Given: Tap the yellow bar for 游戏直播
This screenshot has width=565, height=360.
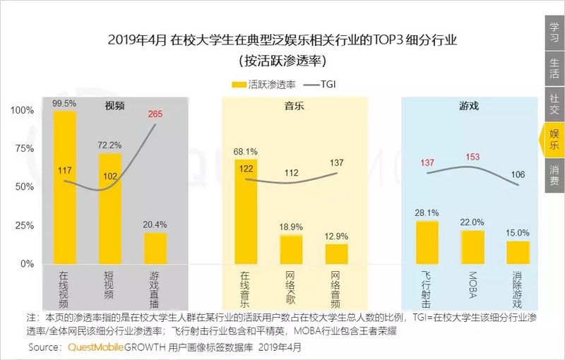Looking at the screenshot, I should tap(155, 248).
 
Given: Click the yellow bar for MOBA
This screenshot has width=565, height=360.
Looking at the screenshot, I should tap(472, 246).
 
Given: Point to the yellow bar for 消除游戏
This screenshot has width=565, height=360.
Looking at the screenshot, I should tap(518, 252).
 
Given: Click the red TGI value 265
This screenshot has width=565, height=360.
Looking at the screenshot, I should tap(155, 114).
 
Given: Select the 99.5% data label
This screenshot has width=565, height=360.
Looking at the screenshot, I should tap(64, 103).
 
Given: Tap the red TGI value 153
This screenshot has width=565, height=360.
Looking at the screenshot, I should tap(472, 157).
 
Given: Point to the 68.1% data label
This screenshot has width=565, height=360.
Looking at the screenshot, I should tap(245, 151).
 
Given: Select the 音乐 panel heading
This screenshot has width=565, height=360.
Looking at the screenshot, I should tap(295, 106).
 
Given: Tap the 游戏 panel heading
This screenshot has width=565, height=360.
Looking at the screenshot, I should tap(469, 106).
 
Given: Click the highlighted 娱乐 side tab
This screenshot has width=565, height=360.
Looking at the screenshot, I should tap(554, 138).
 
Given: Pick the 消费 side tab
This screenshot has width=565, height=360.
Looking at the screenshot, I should tap(554, 175).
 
